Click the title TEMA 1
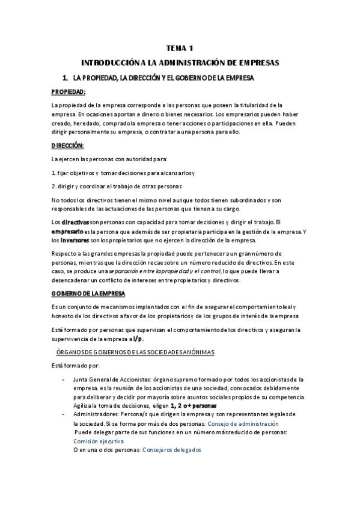tap(180, 49)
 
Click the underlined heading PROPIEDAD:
tap(69, 92)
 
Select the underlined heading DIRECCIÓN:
tap(68, 146)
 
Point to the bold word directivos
tap(75, 222)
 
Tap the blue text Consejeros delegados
tap(171, 449)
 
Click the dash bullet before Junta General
tap(64, 379)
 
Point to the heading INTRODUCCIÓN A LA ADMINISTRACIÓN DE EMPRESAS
tap(180, 62)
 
